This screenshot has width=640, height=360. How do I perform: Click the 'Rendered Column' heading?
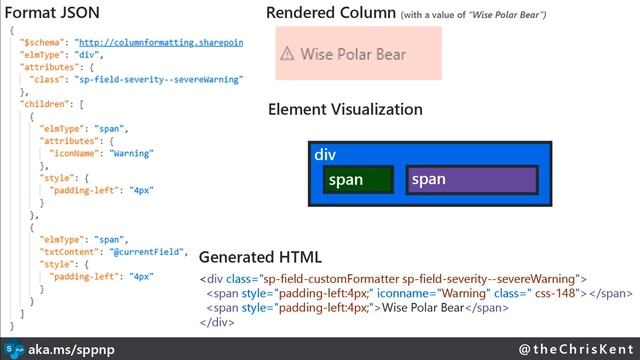pyautogui.click(x=330, y=13)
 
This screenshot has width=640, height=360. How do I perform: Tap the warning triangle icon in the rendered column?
pyautogui.click(x=287, y=54)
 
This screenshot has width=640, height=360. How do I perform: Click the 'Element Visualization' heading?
pyautogui.click(x=345, y=109)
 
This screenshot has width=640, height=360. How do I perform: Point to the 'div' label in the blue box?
pyautogui.click(x=325, y=155)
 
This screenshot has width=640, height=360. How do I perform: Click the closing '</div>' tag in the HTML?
pyautogui.click(x=217, y=322)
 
